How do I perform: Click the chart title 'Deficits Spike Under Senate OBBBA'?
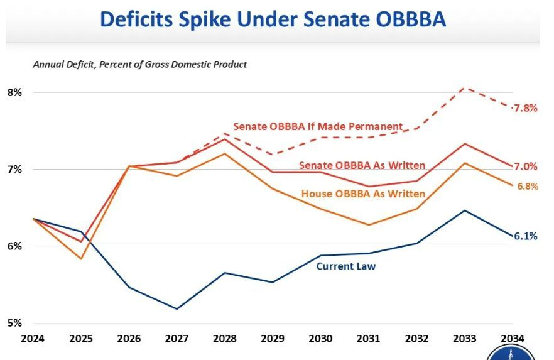(273, 19)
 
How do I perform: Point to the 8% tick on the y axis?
(14, 92)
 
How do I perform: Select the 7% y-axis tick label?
(14, 169)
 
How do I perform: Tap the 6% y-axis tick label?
(14, 246)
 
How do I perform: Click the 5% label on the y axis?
(14, 323)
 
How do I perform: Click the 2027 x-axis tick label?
(177, 338)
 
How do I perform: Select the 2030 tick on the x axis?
(320, 338)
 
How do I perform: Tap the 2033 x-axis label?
(464, 338)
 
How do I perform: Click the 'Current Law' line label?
(345, 266)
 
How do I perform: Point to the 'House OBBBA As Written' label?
(363, 194)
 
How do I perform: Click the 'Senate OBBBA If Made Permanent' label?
(318, 126)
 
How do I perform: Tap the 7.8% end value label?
(525, 107)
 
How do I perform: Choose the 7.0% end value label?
(526, 166)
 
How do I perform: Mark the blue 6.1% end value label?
(526, 236)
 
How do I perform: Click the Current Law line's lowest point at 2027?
(177, 308)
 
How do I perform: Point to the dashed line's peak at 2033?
(464, 87)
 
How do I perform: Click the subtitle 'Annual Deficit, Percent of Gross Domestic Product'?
(139, 64)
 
